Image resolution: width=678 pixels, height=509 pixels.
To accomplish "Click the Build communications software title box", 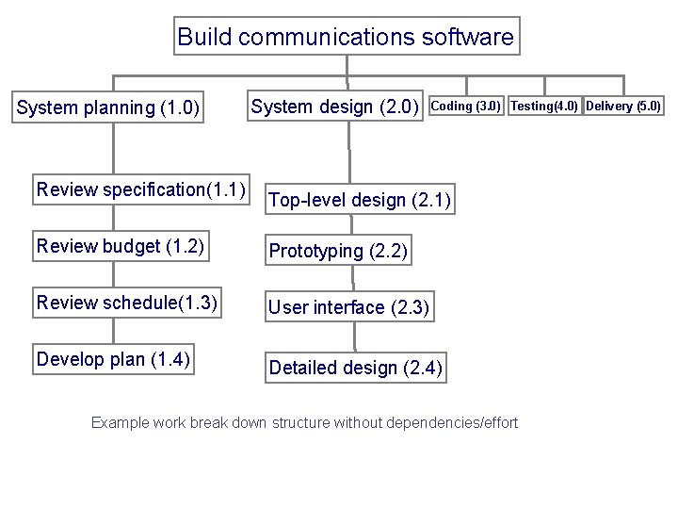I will point(347,38).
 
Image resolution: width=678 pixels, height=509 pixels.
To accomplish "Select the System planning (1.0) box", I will point(108,108).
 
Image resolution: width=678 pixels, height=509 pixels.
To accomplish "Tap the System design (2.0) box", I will point(334,107).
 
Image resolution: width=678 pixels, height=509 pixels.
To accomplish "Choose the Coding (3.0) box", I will point(466,106).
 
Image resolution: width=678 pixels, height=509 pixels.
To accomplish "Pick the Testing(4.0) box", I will point(544,106).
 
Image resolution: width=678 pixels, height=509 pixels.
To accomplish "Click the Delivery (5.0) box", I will point(623,106).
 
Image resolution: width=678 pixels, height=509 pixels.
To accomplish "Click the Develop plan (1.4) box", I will point(113,359).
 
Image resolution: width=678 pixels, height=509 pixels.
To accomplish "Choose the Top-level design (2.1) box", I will point(360,200).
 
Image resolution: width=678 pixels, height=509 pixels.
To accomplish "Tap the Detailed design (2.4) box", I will point(355,368).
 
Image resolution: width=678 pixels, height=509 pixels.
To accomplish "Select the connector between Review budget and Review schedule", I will point(114,274).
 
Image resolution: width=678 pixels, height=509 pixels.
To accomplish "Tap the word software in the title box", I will point(468,38).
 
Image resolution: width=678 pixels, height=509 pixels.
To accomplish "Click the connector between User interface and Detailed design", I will point(355,337).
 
